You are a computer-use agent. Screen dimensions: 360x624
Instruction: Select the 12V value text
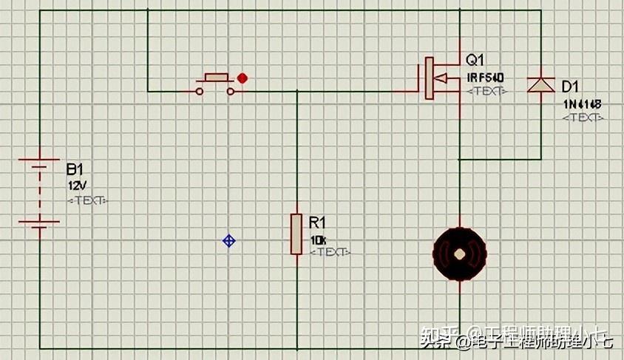click(76, 185)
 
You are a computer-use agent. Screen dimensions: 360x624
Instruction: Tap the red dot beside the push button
click(242, 78)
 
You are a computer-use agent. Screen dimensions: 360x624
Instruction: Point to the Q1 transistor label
click(475, 60)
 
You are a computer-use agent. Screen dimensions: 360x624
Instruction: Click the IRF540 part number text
click(485, 77)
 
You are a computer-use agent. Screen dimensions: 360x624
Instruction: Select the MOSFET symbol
click(438, 78)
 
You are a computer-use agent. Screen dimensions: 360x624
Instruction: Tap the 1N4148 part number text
click(582, 104)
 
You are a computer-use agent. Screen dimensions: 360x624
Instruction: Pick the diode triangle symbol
click(540, 84)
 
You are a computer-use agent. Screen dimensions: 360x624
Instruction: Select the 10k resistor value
click(318, 240)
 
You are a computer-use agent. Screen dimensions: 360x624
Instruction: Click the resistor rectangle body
click(296, 234)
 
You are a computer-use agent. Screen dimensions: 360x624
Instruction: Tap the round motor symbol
click(460, 254)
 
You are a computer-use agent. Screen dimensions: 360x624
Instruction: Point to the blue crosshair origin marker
click(229, 240)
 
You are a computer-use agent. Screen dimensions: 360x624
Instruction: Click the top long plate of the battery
click(38, 159)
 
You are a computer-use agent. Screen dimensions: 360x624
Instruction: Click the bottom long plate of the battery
click(38, 220)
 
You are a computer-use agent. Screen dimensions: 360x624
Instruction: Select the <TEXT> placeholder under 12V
click(87, 200)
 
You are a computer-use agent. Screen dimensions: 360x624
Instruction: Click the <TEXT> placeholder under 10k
click(330, 252)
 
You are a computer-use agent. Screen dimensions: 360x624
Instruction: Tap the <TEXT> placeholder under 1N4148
click(583, 118)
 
